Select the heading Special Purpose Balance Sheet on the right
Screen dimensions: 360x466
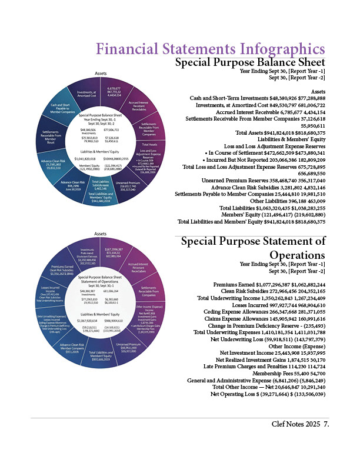(x=251, y=62)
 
